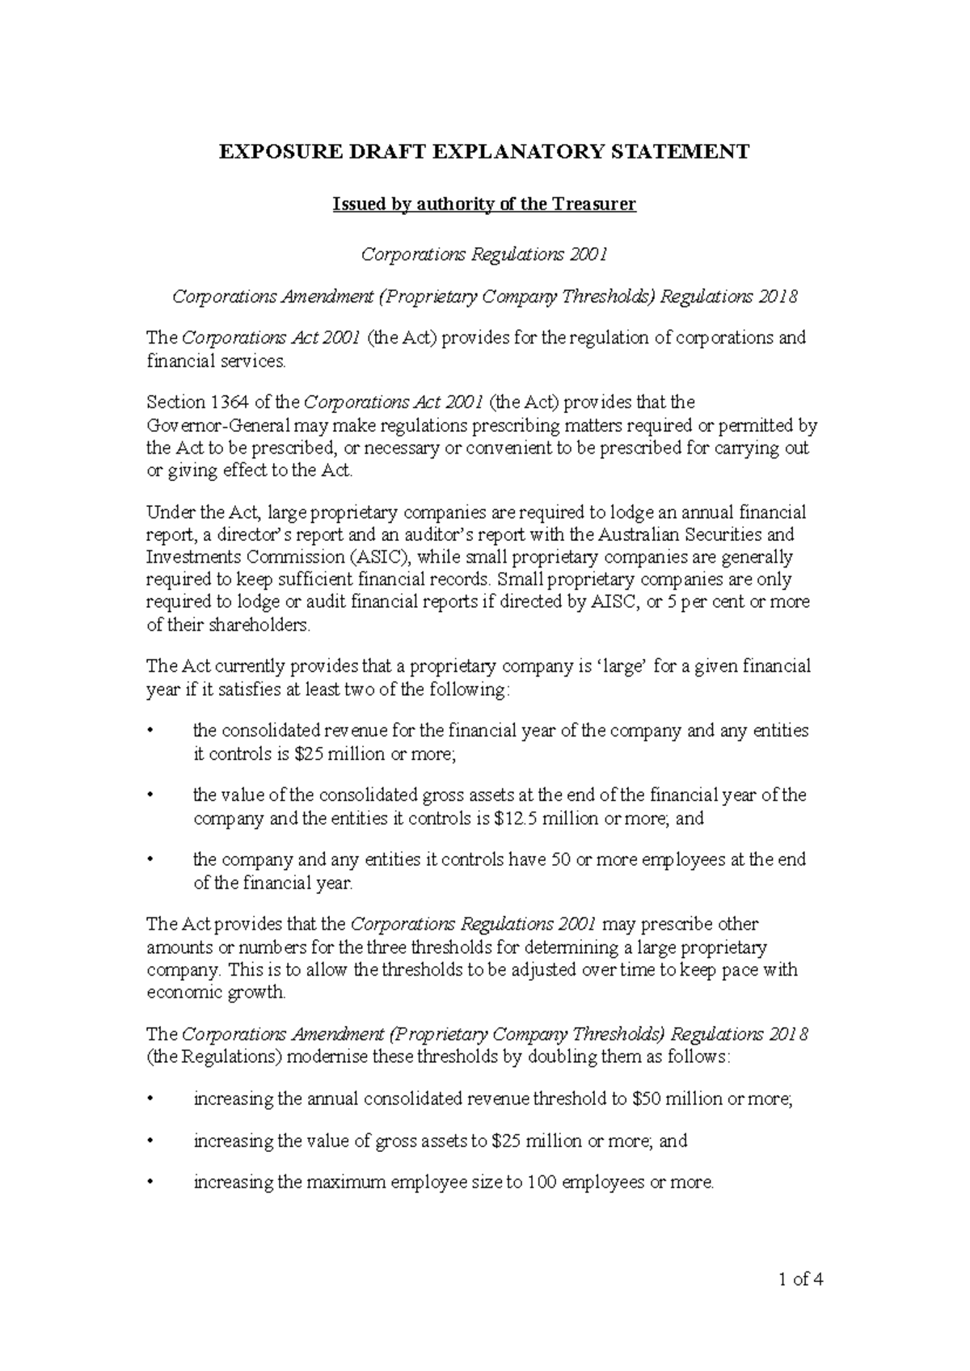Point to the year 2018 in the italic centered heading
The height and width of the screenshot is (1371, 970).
pos(778,297)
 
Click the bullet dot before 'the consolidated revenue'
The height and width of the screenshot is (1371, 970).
pos(150,732)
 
